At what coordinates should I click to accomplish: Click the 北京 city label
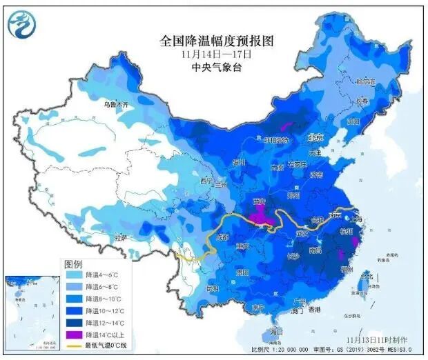[315, 137]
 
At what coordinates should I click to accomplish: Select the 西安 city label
[260, 202]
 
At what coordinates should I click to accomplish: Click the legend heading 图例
[74, 264]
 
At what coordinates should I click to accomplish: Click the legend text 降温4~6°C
[102, 275]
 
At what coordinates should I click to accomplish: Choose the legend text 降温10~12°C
[104, 310]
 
